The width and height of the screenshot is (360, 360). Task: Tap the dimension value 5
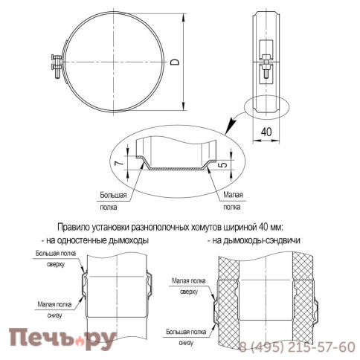(x=223, y=163)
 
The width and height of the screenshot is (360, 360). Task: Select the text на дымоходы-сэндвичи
(x=257, y=241)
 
